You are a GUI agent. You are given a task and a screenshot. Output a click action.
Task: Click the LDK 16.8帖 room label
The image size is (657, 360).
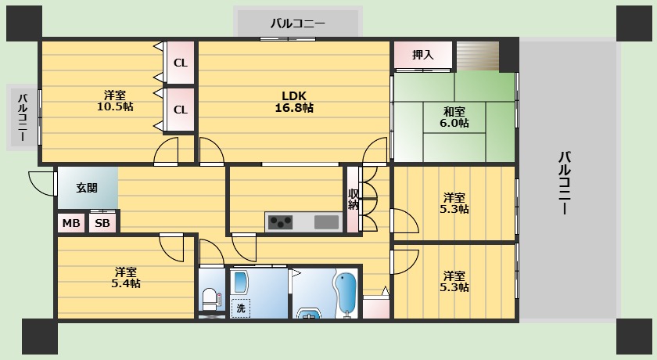(x=297, y=102)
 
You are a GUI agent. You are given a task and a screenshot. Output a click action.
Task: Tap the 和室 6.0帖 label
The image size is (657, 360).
(x=454, y=117)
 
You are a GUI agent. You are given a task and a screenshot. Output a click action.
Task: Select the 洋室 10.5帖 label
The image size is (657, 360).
(x=115, y=100)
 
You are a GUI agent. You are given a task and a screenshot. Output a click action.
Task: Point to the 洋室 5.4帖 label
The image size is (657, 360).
(x=125, y=278)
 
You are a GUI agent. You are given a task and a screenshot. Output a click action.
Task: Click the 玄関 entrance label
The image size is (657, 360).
(x=87, y=188)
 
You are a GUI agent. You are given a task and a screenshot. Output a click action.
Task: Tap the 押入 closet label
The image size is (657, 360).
(x=423, y=55)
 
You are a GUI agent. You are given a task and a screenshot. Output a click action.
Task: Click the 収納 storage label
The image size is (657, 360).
(x=354, y=200)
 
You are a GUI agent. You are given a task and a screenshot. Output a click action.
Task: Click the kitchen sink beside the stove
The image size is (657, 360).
(x=327, y=222)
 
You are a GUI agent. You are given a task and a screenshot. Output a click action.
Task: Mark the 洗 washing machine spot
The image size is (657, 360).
(x=241, y=308)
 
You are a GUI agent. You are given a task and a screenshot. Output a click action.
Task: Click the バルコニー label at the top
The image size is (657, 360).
(x=297, y=23)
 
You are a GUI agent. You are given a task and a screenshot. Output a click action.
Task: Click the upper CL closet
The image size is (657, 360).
(x=180, y=63)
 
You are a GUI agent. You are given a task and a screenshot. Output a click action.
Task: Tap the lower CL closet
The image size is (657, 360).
(x=180, y=110)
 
